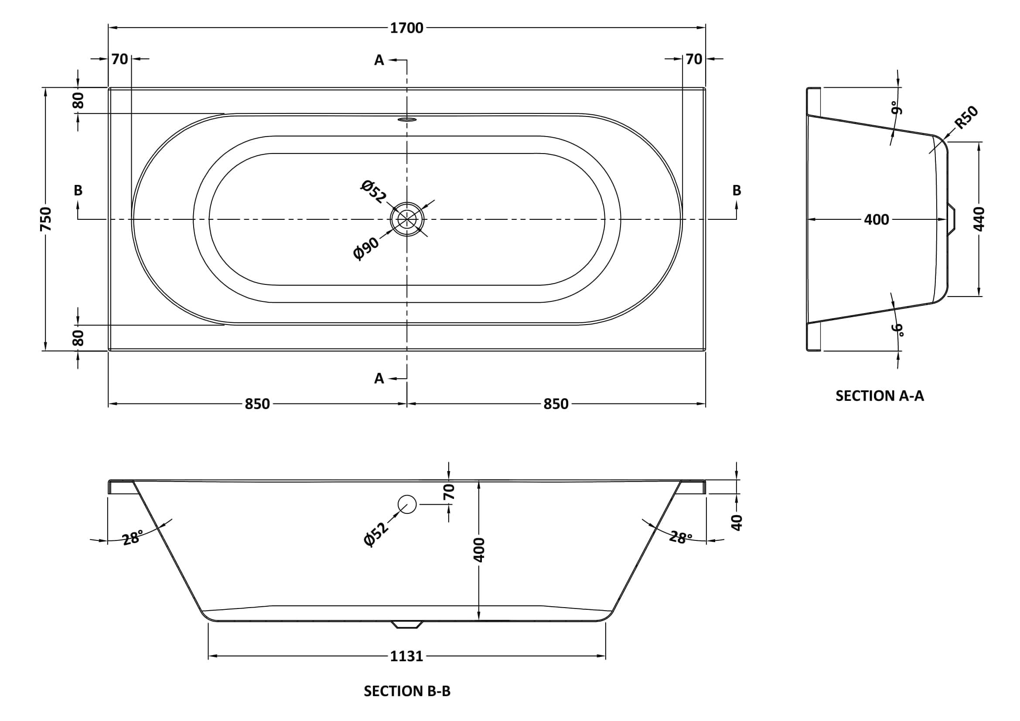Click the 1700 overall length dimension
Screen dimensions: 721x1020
click(406, 28)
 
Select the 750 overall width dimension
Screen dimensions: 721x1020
click(46, 219)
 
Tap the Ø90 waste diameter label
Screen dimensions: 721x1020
click(366, 249)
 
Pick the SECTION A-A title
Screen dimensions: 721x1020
click(879, 396)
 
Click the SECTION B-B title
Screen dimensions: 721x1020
click(407, 691)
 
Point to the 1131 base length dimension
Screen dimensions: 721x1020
click(406, 656)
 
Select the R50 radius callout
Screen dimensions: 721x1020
click(967, 118)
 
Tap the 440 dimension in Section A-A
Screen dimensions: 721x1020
click(979, 219)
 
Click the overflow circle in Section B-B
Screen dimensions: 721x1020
click(407, 504)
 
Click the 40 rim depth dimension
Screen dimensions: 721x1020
click(737, 523)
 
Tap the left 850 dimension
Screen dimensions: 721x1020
click(257, 404)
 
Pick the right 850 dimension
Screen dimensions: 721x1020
click(556, 404)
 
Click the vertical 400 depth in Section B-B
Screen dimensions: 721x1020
click(479, 550)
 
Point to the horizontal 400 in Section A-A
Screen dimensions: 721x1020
click(876, 219)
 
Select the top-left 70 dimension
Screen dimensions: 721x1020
click(119, 59)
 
